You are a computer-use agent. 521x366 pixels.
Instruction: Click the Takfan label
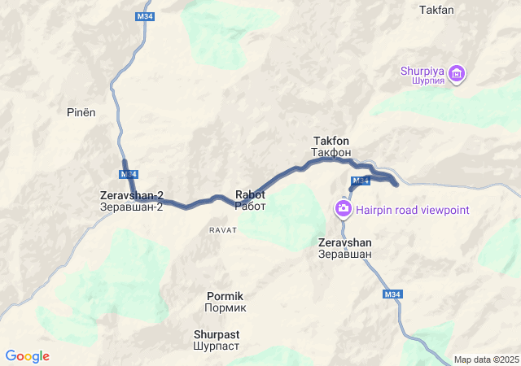coord(436,11)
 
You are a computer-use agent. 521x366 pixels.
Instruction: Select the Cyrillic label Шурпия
coord(422,81)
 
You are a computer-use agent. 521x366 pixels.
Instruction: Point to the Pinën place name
coord(81,113)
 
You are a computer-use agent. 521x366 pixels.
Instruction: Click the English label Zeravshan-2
coord(132,196)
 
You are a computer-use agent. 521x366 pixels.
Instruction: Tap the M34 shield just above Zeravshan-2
coord(129,175)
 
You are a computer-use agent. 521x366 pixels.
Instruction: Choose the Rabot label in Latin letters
coord(250,195)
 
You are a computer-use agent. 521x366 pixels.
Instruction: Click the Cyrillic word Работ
coord(250,207)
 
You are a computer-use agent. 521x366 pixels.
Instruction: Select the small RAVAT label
coord(222,230)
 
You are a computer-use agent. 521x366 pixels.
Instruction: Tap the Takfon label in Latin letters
coord(331,141)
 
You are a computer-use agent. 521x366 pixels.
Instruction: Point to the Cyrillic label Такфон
coord(331,152)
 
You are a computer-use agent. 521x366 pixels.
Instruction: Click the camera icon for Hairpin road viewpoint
coord(344,209)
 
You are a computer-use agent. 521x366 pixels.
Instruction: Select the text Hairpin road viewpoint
coord(413,211)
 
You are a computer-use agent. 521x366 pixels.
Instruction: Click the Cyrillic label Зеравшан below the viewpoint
coord(345,255)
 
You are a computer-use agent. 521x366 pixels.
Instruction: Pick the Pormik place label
coord(225,297)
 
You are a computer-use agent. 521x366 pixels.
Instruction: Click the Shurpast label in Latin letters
coord(217,334)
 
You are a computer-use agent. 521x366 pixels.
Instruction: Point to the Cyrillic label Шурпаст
coord(217,346)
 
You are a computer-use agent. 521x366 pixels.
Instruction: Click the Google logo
coord(28,356)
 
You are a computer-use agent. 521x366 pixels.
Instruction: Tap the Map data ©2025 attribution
coord(485,359)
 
